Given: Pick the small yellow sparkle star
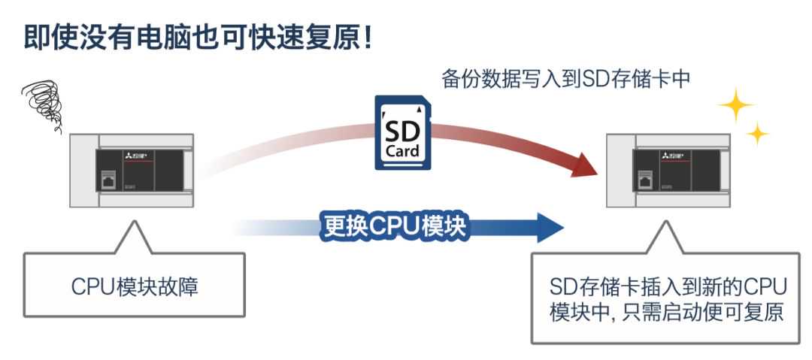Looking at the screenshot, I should [x=758, y=136].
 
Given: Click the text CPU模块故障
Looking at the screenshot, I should [x=135, y=286].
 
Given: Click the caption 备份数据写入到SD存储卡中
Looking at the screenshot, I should [x=565, y=80].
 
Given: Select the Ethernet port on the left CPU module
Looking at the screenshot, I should [x=105, y=180].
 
